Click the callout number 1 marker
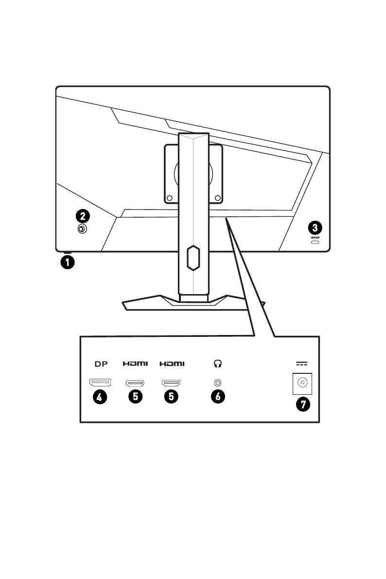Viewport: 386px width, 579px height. (x=67, y=263)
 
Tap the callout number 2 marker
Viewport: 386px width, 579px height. (x=82, y=215)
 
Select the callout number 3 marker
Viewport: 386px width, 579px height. (x=316, y=227)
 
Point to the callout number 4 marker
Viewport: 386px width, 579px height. (x=100, y=397)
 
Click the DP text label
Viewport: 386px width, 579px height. (x=100, y=363)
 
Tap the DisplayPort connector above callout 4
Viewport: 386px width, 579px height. (x=100, y=383)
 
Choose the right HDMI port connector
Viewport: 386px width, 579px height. (x=172, y=383)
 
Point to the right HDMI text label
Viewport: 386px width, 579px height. (x=172, y=363)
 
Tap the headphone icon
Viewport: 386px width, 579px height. (x=218, y=363)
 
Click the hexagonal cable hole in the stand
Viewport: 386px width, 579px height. (x=193, y=258)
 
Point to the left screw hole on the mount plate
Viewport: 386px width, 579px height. (x=169, y=198)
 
